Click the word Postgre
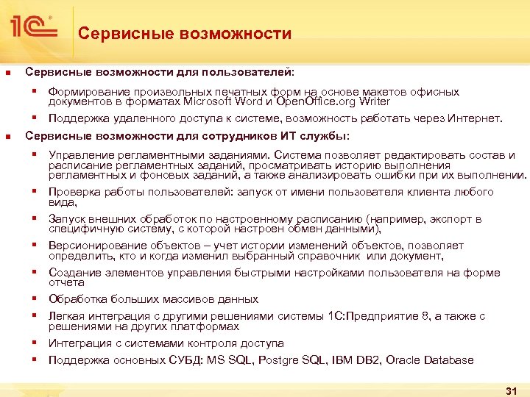click(x=264, y=360)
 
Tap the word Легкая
click(x=66, y=316)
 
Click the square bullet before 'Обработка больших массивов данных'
click(x=34, y=298)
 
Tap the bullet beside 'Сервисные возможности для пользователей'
click(x=7, y=73)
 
